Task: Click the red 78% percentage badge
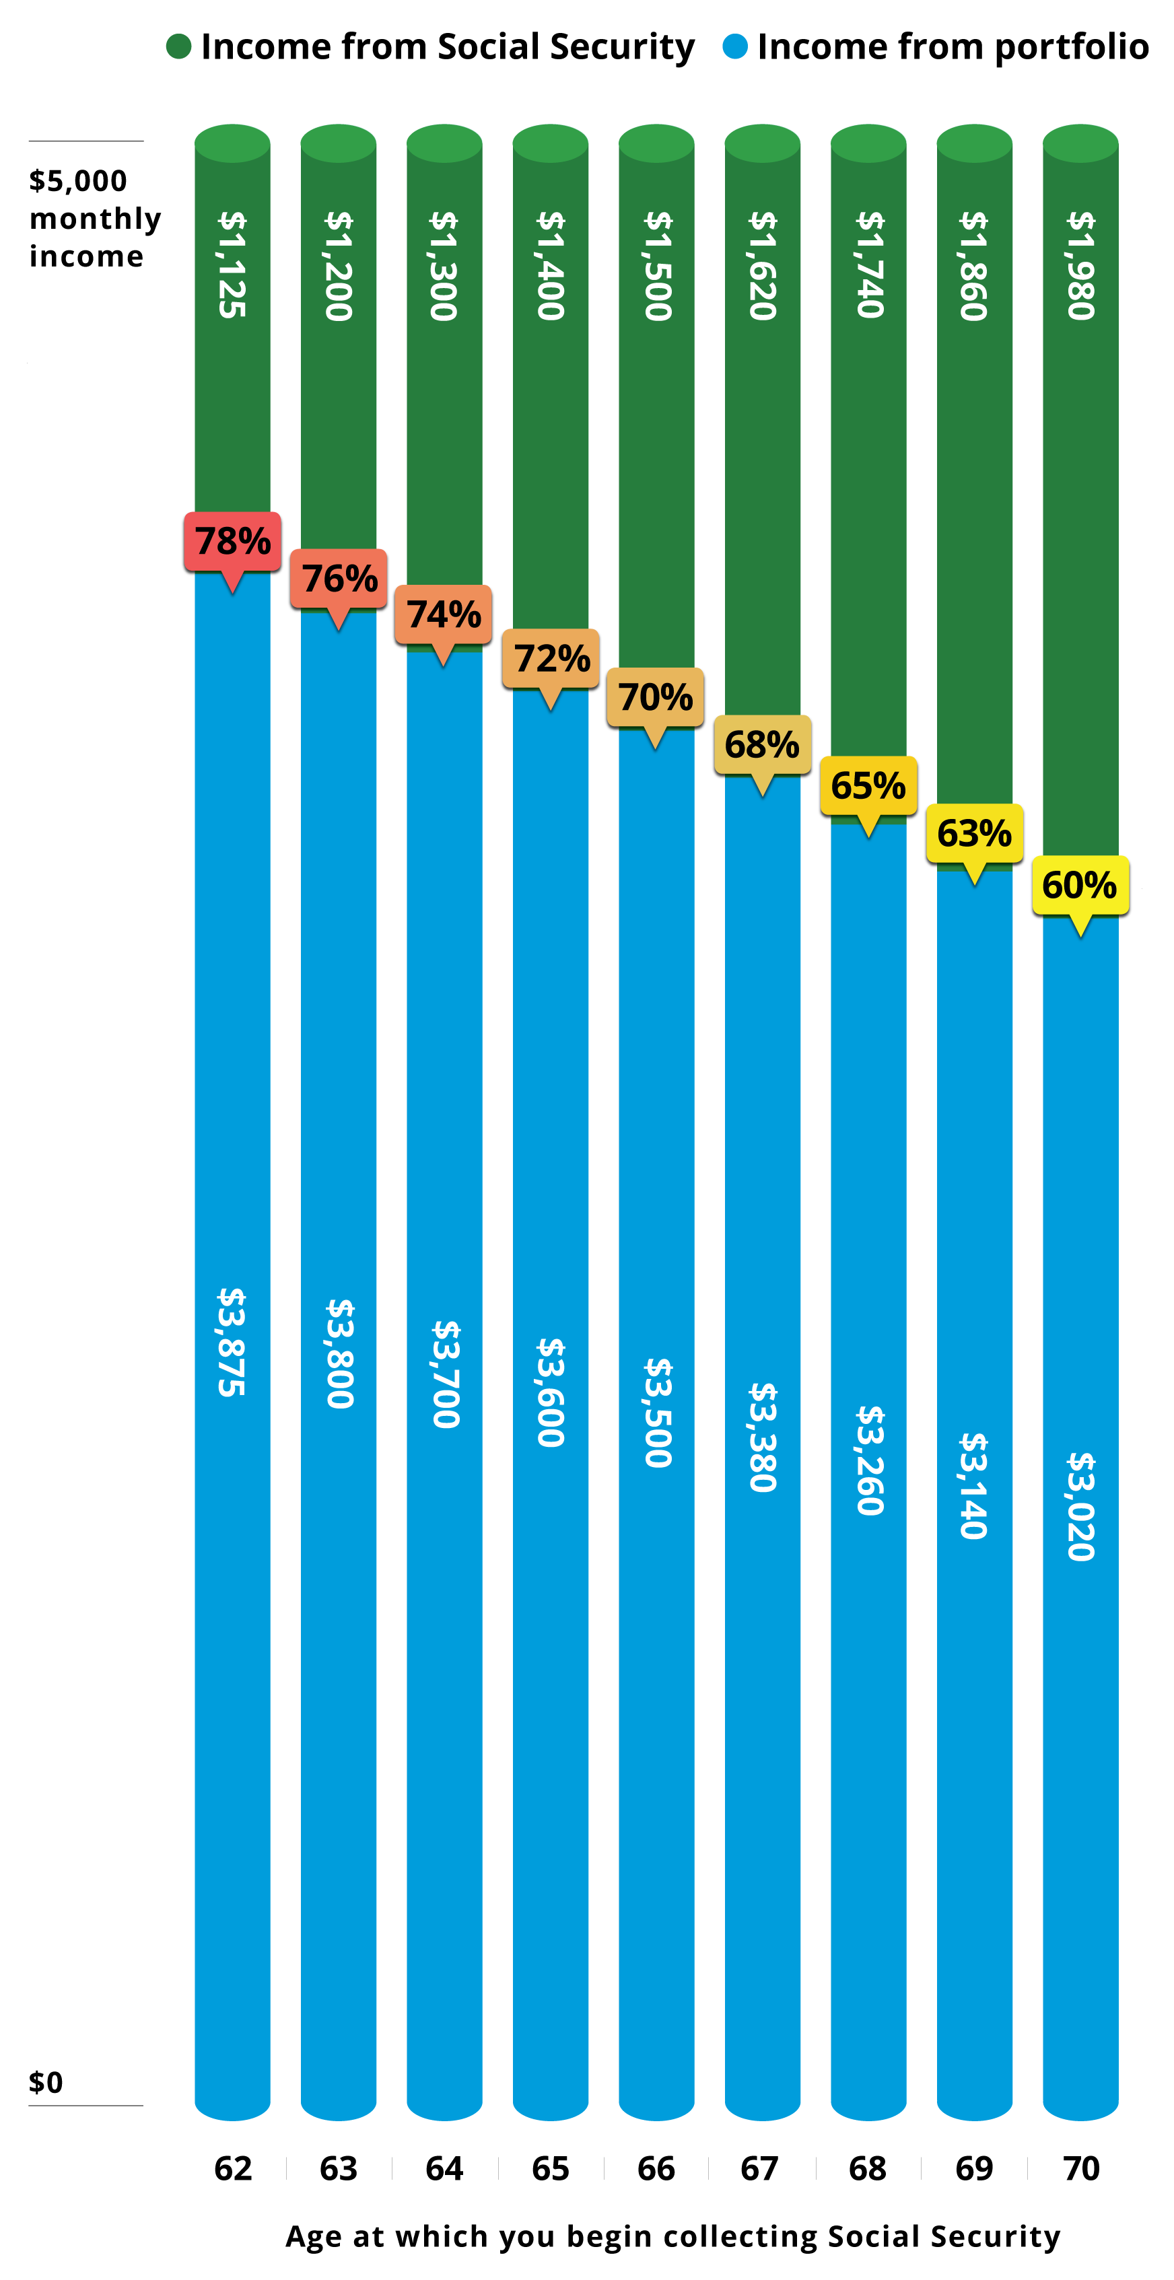coord(232,541)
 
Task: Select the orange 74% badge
coord(443,614)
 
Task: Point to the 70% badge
coord(655,697)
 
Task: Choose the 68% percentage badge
coord(762,744)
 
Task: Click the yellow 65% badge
coord(868,785)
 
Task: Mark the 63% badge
coord(974,833)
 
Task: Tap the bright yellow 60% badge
coord(1080,884)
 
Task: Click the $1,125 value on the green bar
coord(232,264)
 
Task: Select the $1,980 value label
coord(1081,266)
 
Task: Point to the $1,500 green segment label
coord(657,266)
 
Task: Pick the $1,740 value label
coord(870,264)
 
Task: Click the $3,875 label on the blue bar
coord(232,1342)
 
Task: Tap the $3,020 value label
coord(1081,1506)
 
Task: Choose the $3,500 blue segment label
coord(657,1413)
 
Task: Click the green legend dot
coord(179,46)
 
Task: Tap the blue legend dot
coord(735,46)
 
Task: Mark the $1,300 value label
coord(444,266)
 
